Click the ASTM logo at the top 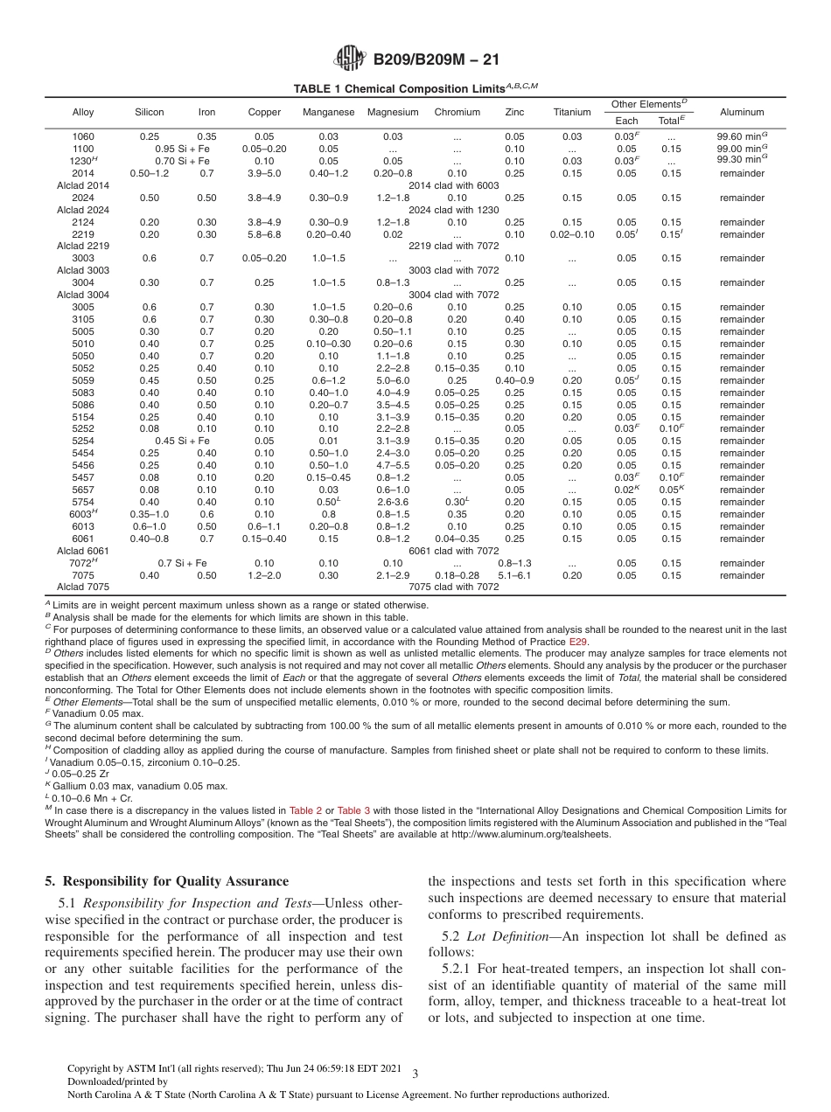click(352, 60)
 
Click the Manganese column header click(328, 113)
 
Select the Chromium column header click(457, 113)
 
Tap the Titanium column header click(572, 113)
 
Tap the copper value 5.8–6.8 click(264, 234)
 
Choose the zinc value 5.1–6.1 click(514, 576)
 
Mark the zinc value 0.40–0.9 click(514, 381)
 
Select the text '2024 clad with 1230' click(453, 210)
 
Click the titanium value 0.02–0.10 click(572, 234)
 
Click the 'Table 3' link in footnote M click(353, 811)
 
